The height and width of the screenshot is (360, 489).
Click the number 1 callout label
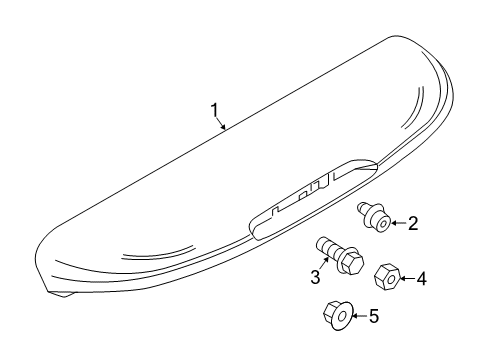[x=212, y=109]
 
